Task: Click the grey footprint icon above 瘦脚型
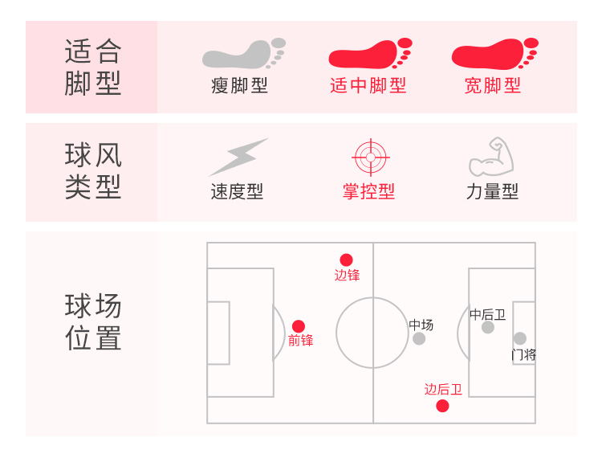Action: point(242,54)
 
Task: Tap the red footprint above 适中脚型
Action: point(369,54)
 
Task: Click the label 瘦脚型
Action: point(239,85)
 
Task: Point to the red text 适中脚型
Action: point(368,85)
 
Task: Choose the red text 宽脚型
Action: point(493,85)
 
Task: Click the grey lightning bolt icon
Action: point(238,157)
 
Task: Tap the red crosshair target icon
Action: point(370,157)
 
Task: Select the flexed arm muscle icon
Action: point(490,157)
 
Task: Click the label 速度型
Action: point(237,192)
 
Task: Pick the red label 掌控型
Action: point(368,192)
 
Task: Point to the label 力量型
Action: point(492,192)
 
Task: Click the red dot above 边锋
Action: point(346,260)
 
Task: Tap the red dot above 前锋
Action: point(299,326)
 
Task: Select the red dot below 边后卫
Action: point(442,406)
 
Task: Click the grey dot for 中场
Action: point(419,338)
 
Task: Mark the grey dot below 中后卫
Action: point(488,327)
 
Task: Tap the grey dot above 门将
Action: point(520,338)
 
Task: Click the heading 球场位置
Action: point(93,322)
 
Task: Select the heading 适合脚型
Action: point(93,67)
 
